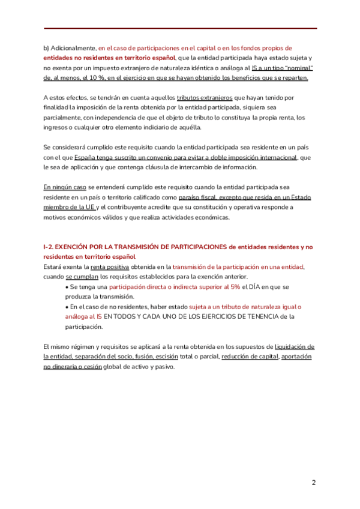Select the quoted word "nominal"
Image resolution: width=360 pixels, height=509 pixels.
(297, 68)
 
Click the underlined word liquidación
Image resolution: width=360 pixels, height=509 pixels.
(294, 347)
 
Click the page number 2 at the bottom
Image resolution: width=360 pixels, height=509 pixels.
(313, 483)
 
